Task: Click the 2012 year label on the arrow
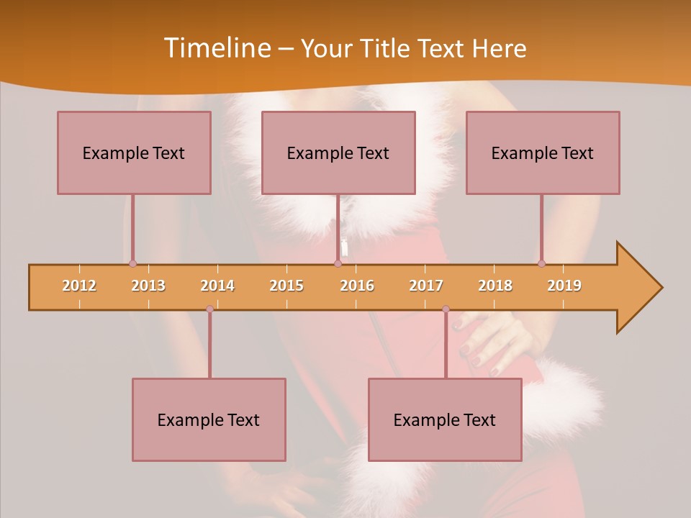79,286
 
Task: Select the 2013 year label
148,286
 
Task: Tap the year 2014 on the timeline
217,286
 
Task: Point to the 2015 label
286,286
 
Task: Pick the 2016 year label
357,286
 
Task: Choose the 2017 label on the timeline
426,286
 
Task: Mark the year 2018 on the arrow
495,286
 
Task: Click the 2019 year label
564,286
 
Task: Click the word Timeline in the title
216,48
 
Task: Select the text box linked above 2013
134,153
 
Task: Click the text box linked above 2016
338,153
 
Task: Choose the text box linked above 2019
543,153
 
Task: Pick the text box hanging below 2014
209,419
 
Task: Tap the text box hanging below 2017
445,419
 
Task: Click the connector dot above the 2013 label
132,263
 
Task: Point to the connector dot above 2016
338,263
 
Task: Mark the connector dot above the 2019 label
541,263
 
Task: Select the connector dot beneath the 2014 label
209,309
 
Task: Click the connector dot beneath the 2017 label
446,309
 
